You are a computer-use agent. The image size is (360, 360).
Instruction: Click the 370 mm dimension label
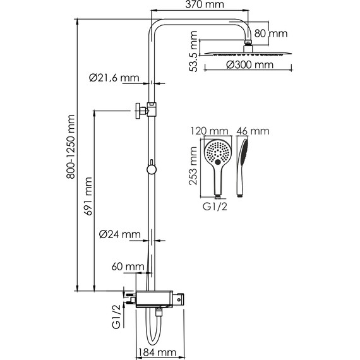pyautogui.click(x=205, y=4)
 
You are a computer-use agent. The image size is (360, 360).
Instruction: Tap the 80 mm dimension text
pyautogui.click(x=271, y=33)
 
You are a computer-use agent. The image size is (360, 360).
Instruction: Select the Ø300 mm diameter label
pyautogui.click(x=250, y=65)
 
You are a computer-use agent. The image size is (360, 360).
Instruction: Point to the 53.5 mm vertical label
pyautogui.click(x=193, y=51)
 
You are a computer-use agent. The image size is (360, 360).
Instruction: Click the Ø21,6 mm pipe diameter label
pyautogui.click(x=114, y=78)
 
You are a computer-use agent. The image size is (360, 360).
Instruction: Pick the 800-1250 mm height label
pyautogui.click(x=71, y=147)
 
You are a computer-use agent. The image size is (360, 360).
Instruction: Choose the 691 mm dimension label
pyautogui.click(x=88, y=196)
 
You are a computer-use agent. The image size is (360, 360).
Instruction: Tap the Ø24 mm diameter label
pyautogui.click(x=119, y=235)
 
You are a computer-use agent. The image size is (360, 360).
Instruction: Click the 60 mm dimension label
pyautogui.click(x=128, y=267)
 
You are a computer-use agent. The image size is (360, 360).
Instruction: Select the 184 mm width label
pyautogui.click(x=157, y=352)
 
